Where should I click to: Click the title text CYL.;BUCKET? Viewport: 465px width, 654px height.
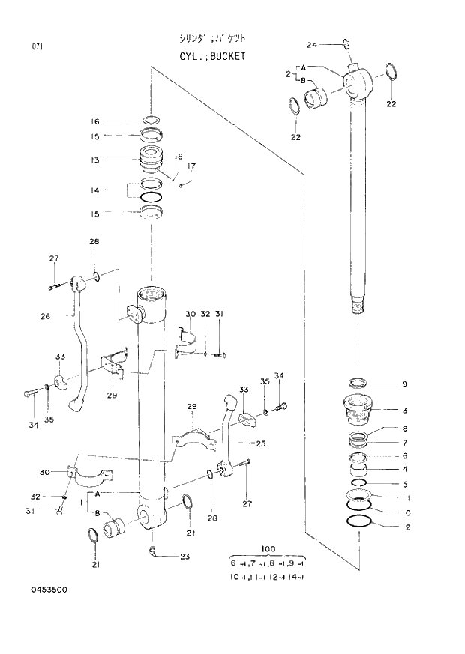click(x=211, y=56)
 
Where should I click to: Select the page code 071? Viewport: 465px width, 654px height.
click(x=37, y=46)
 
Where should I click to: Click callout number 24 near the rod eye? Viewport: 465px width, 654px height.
click(x=312, y=45)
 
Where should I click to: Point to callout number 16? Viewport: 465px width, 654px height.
click(x=95, y=121)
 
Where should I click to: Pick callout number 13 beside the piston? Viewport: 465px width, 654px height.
click(x=95, y=160)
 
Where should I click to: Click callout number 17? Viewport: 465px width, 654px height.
click(x=191, y=166)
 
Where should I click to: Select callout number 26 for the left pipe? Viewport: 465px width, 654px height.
click(x=45, y=315)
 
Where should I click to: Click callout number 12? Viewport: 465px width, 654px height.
click(x=406, y=527)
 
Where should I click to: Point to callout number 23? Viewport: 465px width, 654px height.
click(x=186, y=557)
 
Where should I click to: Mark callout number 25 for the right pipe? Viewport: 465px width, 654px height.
click(x=261, y=443)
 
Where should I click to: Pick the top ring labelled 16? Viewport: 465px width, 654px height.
click(x=151, y=120)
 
